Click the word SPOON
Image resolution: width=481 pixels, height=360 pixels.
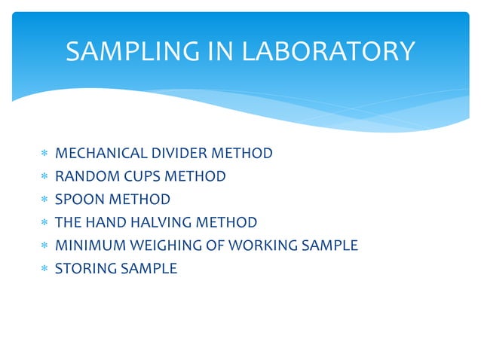[x=78, y=200]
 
